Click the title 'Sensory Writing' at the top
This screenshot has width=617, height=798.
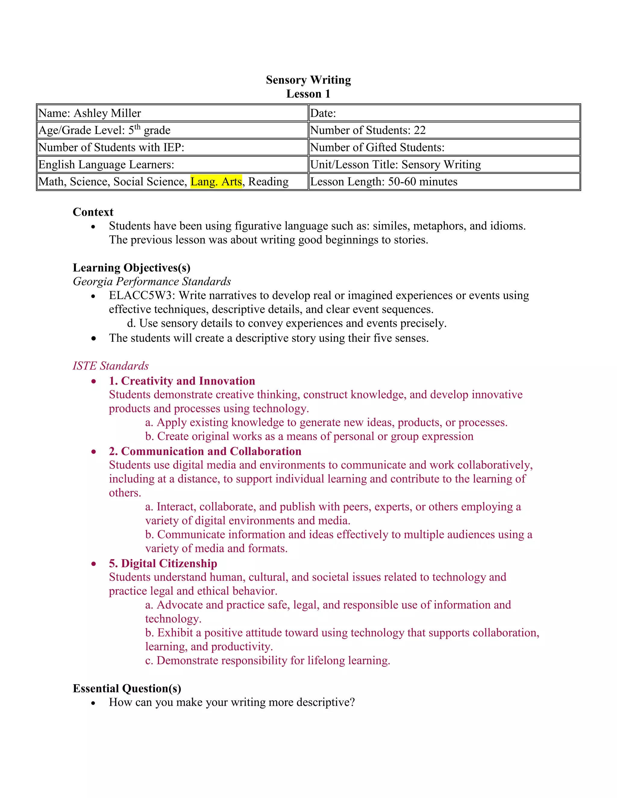[x=308, y=80]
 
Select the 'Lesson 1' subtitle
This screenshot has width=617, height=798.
[x=308, y=94]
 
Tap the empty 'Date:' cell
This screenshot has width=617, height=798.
[x=444, y=113]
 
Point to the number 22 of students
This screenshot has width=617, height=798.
[x=420, y=130]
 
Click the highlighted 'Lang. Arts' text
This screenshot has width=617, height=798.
[x=216, y=182]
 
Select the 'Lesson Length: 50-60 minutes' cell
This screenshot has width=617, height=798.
[x=384, y=182]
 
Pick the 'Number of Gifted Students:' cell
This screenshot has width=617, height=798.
[x=377, y=147]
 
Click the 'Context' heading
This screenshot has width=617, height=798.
[x=93, y=212]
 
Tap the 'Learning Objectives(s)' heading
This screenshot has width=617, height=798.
[x=132, y=268]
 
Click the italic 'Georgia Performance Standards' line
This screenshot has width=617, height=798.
[x=152, y=281]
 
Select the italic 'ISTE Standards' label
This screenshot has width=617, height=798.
[x=110, y=366]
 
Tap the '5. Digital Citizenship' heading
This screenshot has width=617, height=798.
[x=163, y=563]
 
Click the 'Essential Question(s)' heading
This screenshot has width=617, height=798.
[x=127, y=688]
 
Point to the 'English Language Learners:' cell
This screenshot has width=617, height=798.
[x=106, y=165]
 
